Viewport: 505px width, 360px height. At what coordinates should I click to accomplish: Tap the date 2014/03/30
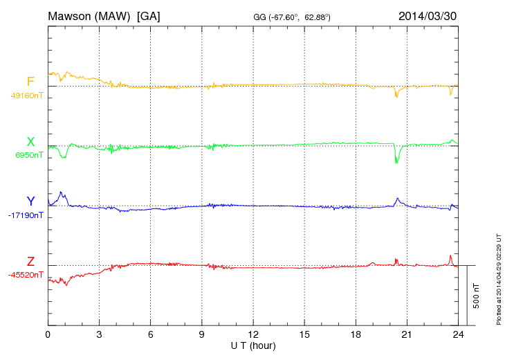[x=428, y=15]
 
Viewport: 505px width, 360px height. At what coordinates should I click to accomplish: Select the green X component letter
[x=30, y=142]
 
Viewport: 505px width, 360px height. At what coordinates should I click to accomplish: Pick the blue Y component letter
[x=30, y=201]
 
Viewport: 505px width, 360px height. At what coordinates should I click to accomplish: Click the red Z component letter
[x=30, y=262]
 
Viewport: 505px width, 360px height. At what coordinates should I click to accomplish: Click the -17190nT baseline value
[x=27, y=215]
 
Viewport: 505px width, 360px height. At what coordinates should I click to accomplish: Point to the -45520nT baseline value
[x=26, y=275]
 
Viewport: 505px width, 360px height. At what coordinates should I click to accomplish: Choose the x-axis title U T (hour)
[x=253, y=345]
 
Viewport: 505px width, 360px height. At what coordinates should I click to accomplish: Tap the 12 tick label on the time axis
[x=253, y=334]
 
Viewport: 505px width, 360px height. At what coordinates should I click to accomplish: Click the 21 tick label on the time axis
[x=407, y=334]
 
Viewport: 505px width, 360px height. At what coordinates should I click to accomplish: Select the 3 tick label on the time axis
[x=99, y=334]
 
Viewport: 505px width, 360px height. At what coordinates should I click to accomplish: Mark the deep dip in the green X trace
[x=396, y=161]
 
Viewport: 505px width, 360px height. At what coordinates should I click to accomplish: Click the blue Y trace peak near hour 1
[x=62, y=192]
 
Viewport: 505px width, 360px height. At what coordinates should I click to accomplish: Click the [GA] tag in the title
[x=149, y=15]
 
